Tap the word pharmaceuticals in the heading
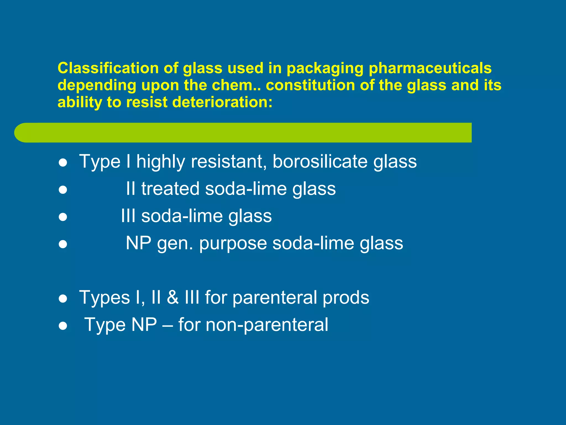430,69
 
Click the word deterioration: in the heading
222,102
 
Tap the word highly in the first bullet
161,162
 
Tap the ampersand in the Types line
173,297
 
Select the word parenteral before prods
275,298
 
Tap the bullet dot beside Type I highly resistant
63,163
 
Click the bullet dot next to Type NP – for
63,326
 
